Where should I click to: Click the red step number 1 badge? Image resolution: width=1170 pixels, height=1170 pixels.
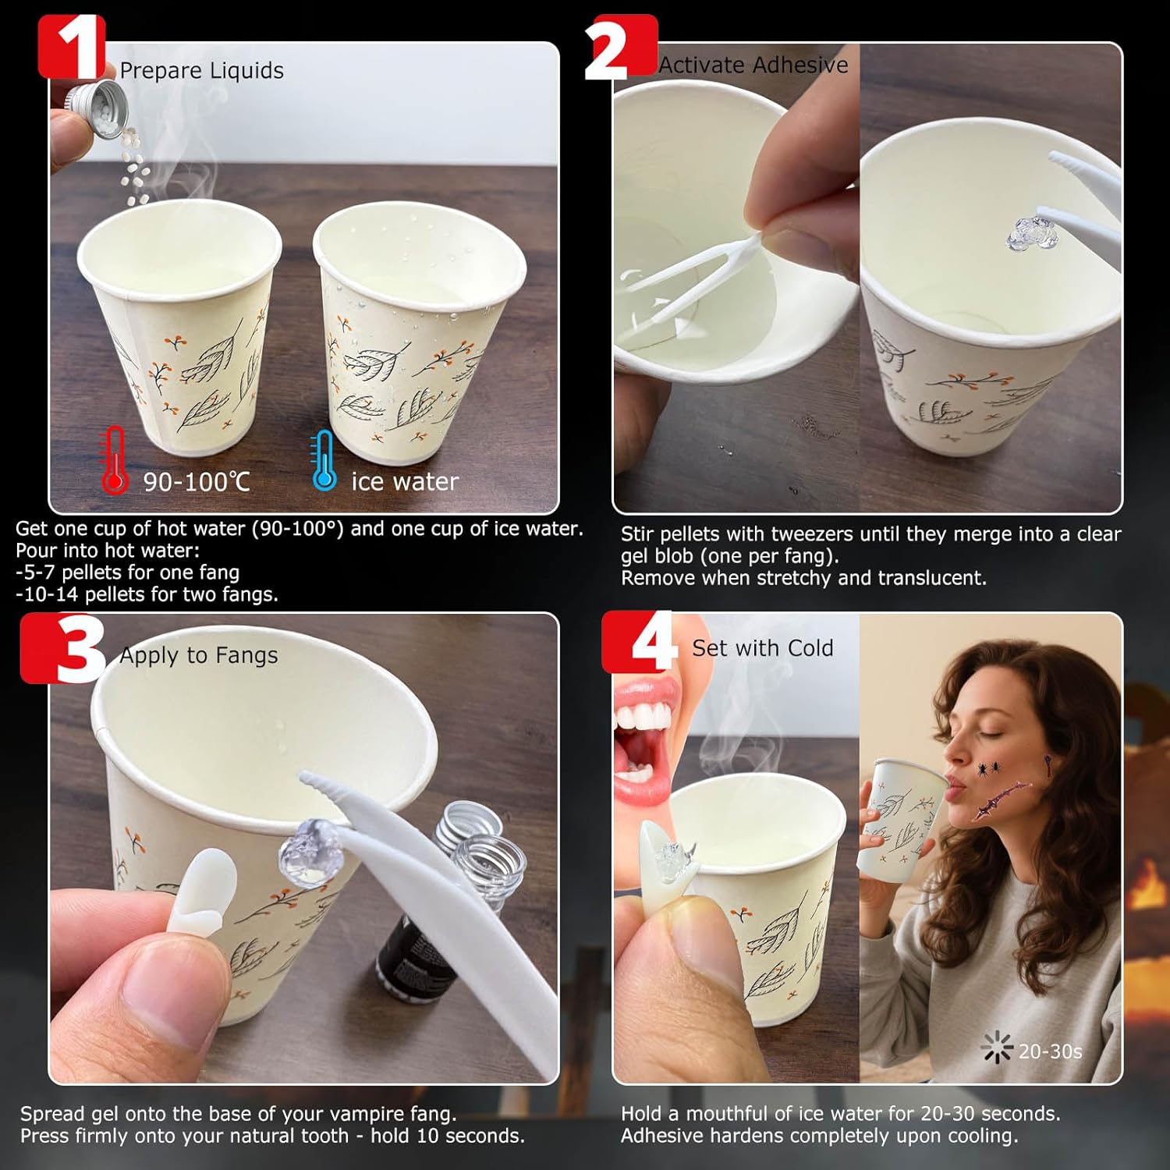point(72,47)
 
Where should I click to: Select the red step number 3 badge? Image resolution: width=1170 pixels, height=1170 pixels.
point(62,647)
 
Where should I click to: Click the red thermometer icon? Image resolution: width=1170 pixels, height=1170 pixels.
point(115,459)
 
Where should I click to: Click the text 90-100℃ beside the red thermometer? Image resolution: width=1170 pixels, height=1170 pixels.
point(196,481)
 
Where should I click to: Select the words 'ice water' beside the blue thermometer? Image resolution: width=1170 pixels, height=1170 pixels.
point(404,481)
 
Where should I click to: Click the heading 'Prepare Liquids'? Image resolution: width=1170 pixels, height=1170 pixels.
point(201,70)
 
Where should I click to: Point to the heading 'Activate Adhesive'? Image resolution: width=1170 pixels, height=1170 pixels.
point(753,65)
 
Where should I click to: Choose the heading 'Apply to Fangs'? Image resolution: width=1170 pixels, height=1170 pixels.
point(198,655)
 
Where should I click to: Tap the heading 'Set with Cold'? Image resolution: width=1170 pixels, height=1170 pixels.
point(763,648)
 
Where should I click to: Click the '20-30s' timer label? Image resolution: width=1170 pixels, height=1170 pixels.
point(1050,1051)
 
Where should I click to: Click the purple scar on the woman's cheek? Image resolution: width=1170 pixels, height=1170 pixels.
point(1002,799)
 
